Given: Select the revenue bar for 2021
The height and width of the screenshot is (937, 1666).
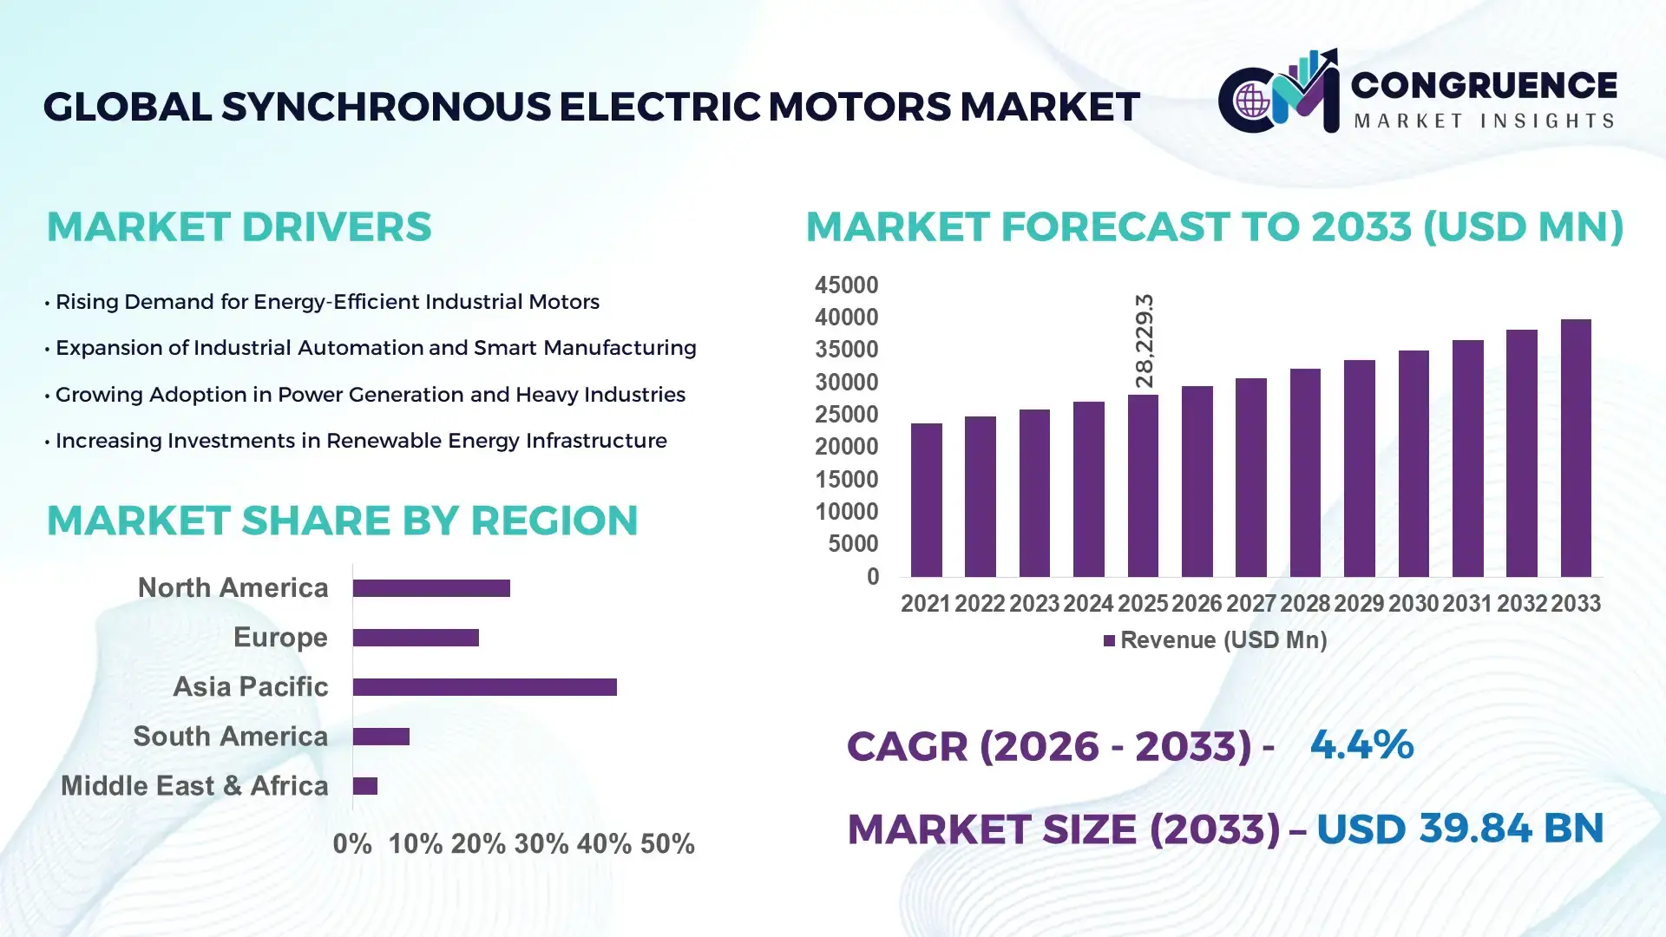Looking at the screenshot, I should [926, 500].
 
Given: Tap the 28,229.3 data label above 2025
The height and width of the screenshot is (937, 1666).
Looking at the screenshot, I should [1145, 341].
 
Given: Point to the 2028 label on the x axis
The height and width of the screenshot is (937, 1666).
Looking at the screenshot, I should [1304, 603].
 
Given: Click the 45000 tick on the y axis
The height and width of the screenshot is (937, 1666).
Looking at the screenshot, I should [846, 285].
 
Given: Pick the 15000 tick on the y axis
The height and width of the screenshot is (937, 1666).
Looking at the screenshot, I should [846, 479].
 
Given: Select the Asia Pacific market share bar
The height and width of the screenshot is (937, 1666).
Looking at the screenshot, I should [484, 687].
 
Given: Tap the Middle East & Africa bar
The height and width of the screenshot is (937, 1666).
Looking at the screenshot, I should [365, 786].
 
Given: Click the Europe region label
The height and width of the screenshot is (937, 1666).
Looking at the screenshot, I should [280, 637].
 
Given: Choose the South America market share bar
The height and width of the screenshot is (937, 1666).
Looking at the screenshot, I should [381, 737].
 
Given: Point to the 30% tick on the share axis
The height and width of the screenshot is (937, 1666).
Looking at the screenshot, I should [541, 843].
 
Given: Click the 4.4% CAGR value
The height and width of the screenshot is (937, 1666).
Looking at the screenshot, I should [1361, 744].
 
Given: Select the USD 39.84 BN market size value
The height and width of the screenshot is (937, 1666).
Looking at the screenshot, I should [1459, 828].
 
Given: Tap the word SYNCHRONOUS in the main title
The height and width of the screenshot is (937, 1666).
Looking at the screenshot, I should [385, 107].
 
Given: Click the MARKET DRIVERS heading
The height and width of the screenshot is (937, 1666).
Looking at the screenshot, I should [239, 226].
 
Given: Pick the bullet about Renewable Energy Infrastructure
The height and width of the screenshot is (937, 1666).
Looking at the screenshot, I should [360, 441].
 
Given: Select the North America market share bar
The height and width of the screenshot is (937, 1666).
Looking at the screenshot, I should [431, 588].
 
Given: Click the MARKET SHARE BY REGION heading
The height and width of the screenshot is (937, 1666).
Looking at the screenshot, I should [342, 521].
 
